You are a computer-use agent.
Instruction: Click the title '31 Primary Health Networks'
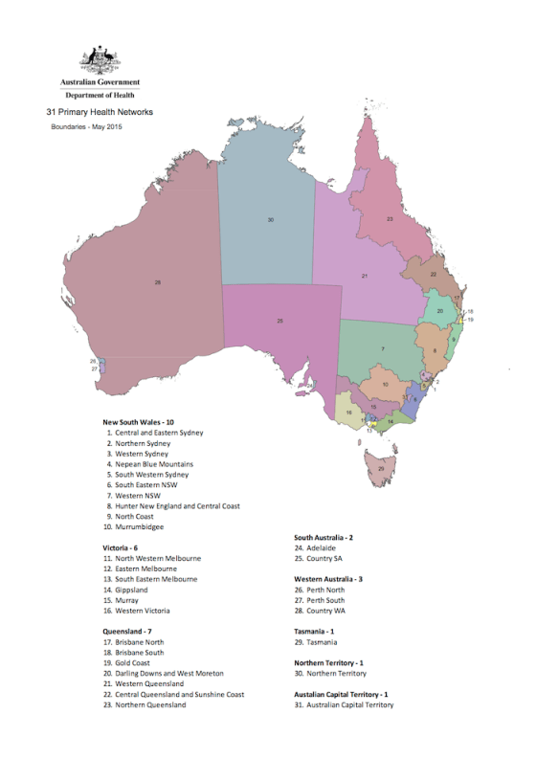click(100, 112)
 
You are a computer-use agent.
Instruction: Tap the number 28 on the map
click(158, 282)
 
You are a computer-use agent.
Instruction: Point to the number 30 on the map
click(271, 220)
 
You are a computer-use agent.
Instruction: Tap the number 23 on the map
click(390, 219)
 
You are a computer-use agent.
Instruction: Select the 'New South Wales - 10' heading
click(139, 421)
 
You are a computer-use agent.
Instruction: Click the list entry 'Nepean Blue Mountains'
click(154, 463)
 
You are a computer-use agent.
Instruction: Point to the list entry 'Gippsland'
click(133, 590)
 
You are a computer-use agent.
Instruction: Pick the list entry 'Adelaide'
click(315, 547)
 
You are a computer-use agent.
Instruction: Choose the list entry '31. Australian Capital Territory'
click(346, 704)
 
